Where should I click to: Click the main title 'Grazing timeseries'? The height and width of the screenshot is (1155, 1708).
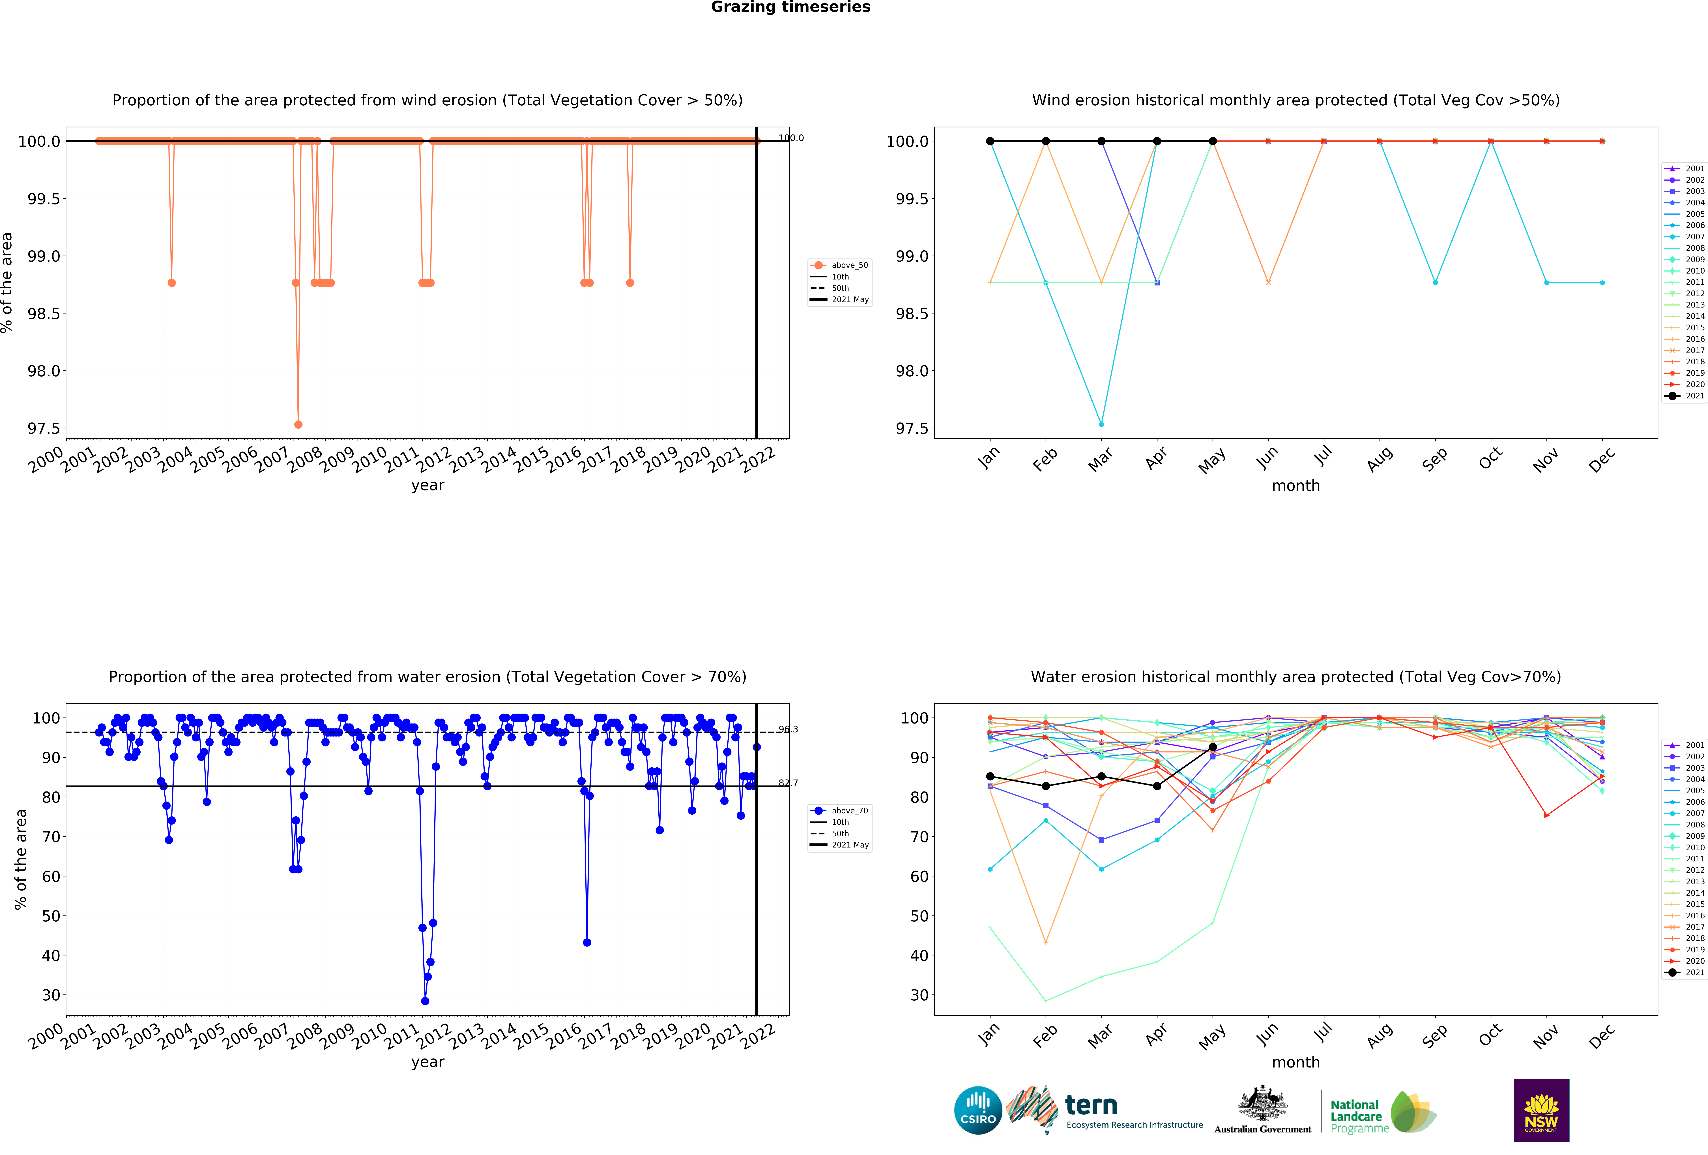[790, 7]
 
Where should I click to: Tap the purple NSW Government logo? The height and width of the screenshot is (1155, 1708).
[1541, 1110]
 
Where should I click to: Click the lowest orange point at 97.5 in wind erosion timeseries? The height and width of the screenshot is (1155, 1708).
[298, 424]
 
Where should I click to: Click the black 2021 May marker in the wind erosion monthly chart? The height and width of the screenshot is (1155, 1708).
[1213, 141]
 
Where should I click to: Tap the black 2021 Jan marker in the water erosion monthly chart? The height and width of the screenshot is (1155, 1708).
[990, 776]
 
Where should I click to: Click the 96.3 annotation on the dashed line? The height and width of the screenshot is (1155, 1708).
[788, 729]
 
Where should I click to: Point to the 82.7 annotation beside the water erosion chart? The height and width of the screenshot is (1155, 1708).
[788, 783]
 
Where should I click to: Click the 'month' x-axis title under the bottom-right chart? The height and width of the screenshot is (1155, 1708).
[1296, 1062]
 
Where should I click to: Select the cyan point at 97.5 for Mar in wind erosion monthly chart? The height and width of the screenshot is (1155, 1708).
[1101, 424]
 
